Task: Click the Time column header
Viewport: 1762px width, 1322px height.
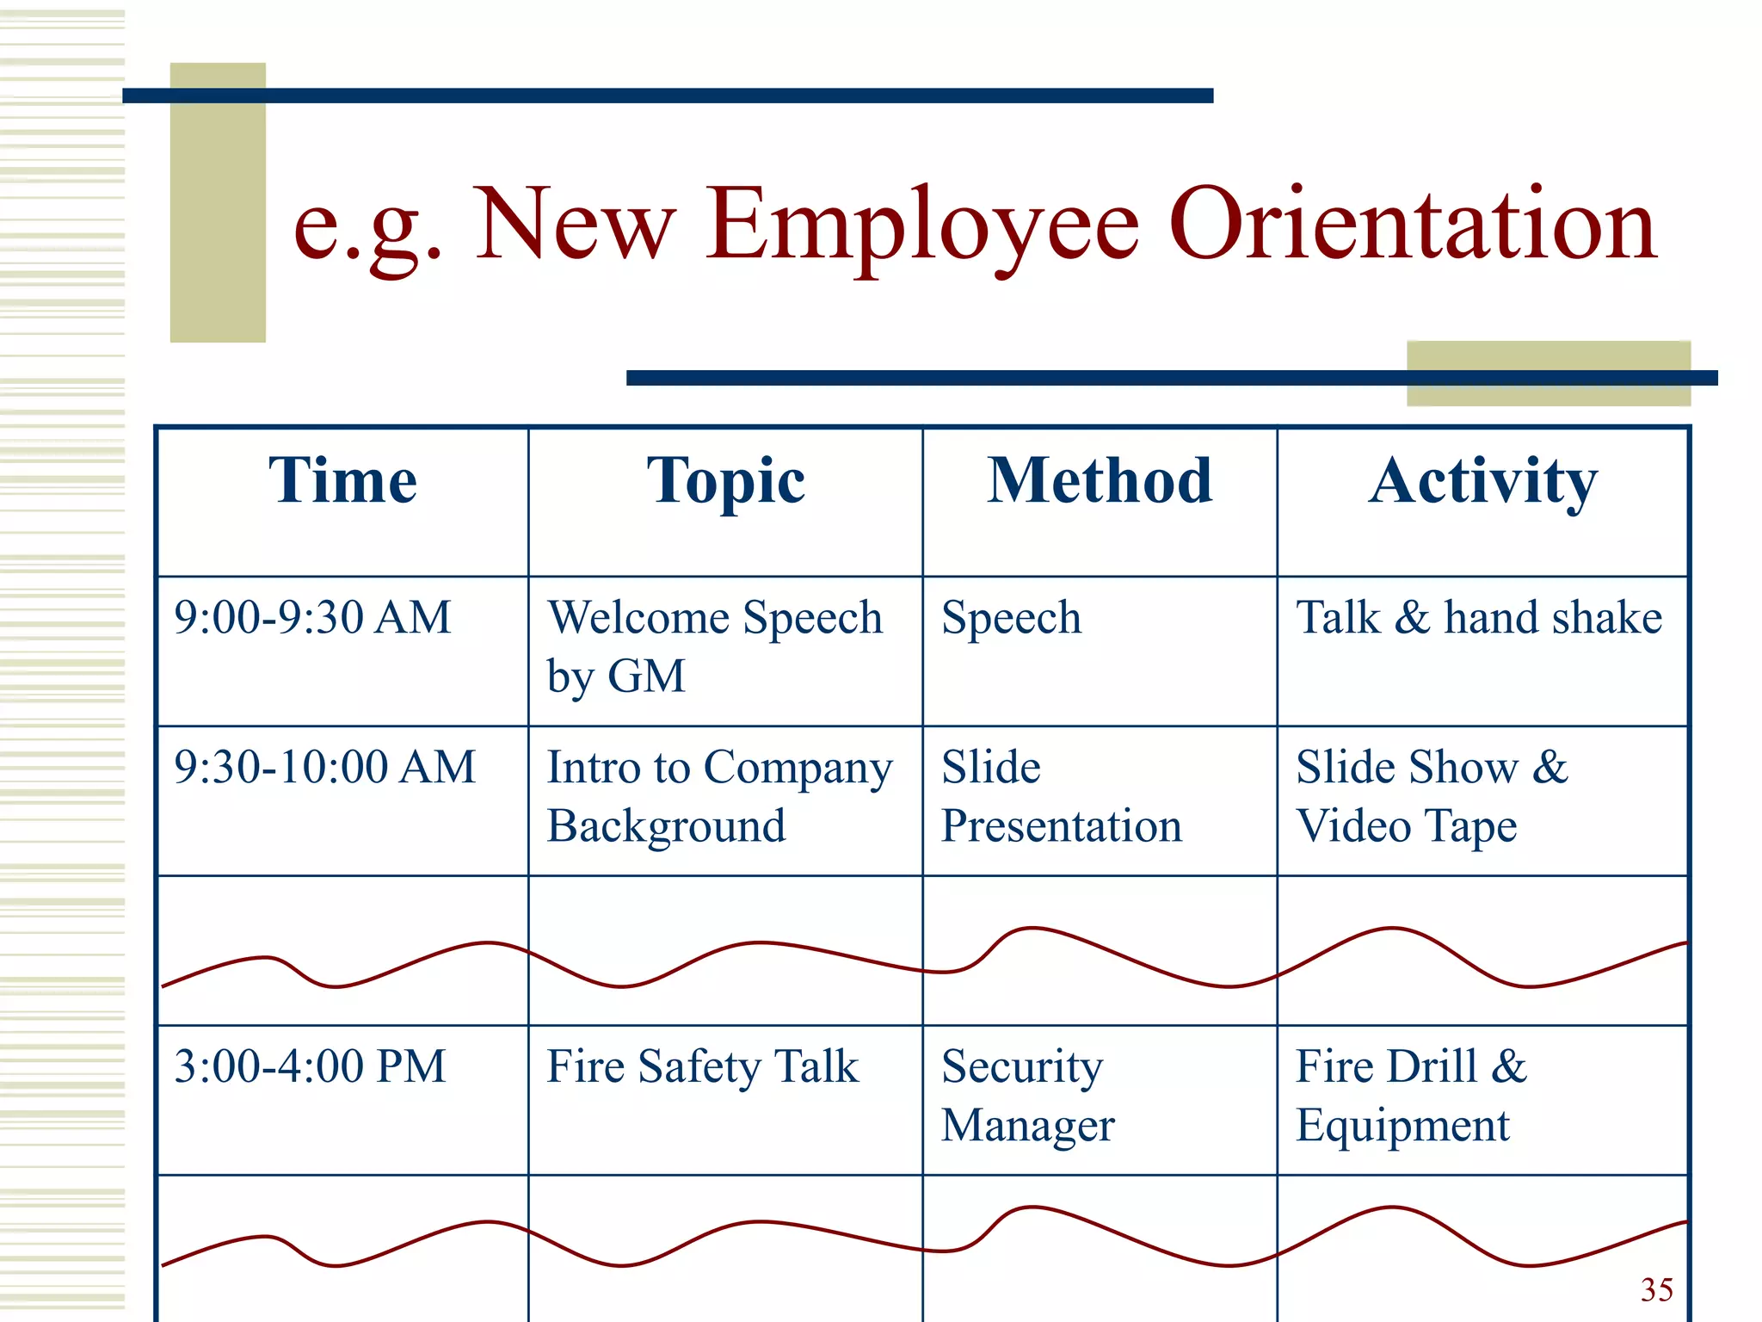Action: [x=342, y=480]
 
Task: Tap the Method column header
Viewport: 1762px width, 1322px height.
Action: [x=1099, y=480]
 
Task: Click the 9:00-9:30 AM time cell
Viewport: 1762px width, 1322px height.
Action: [x=312, y=617]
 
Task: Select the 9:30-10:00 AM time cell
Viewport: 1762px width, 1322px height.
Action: [x=324, y=767]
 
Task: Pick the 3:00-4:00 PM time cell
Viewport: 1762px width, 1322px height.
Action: [x=310, y=1066]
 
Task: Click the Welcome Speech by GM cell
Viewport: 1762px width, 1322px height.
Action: [x=714, y=646]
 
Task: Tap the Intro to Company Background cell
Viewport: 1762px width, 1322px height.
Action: [x=719, y=796]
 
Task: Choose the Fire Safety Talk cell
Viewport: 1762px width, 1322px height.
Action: [x=702, y=1067]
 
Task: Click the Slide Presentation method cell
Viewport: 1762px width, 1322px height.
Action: [x=1061, y=796]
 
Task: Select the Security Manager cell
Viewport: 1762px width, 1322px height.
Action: [x=1027, y=1096]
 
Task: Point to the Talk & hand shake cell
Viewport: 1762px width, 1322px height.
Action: [x=1479, y=618]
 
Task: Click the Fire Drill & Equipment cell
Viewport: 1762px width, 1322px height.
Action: [x=1411, y=1096]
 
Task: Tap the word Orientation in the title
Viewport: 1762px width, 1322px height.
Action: [x=1412, y=225]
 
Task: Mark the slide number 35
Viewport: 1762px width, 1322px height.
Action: [x=1656, y=1289]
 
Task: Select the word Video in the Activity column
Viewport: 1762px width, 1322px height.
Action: [x=1353, y=826]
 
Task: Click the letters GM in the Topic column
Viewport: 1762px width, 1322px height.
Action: [x=646, y=676]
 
